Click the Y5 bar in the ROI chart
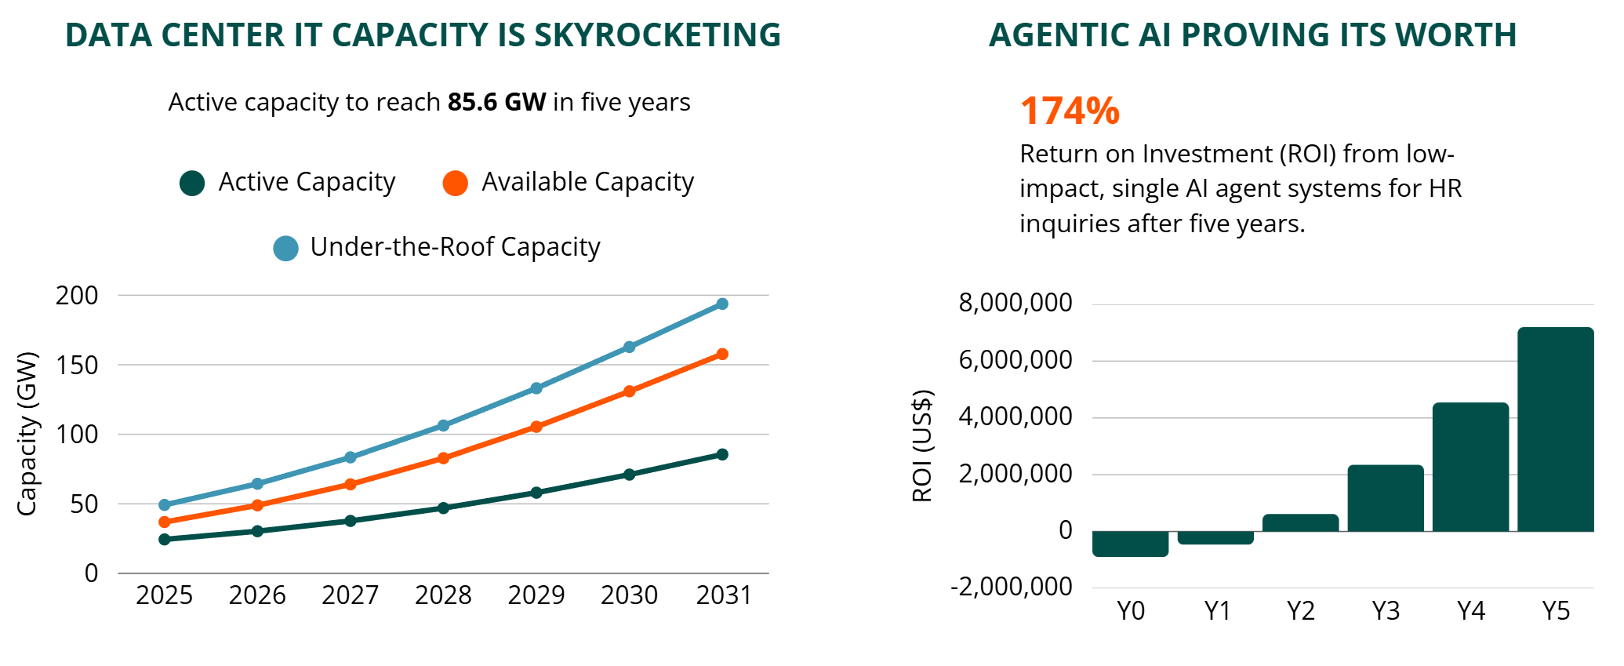pos(1555,429)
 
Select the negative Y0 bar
pos(1130,544)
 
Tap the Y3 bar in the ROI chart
pos(1386,498)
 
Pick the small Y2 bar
pos(1300,522)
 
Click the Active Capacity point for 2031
pos(722,454)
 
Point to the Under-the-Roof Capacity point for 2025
pos(165,504)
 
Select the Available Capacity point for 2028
pos(443,458)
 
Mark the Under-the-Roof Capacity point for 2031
pos(722,304)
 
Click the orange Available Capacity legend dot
pos(455,183)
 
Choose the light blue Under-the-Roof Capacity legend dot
pos(285,248)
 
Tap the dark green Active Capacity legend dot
pos(192,183)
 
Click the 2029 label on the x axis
pos(536,595)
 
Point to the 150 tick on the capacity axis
pos(77,365)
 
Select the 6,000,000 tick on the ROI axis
pos(1015,360)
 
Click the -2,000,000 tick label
pos(1011,587)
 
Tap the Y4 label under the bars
pos(1470,610)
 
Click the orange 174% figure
pos(1070,111)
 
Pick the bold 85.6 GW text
pos(496,103)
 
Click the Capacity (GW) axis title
pos(27,433)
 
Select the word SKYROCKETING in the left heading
pos(657,35)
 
